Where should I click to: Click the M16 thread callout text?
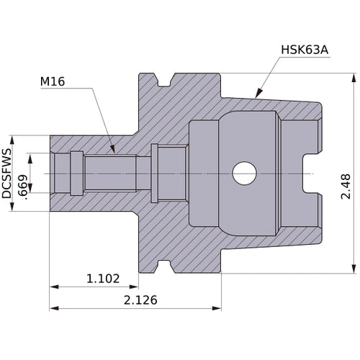[55, 82]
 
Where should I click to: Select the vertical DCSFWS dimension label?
[8, 174]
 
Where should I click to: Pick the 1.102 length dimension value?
[103, 278]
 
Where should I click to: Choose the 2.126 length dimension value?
[138, 300]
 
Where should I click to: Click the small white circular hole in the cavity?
[244, 173]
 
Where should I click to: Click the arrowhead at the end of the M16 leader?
[112, 150]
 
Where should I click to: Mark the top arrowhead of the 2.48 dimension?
[354, 77]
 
